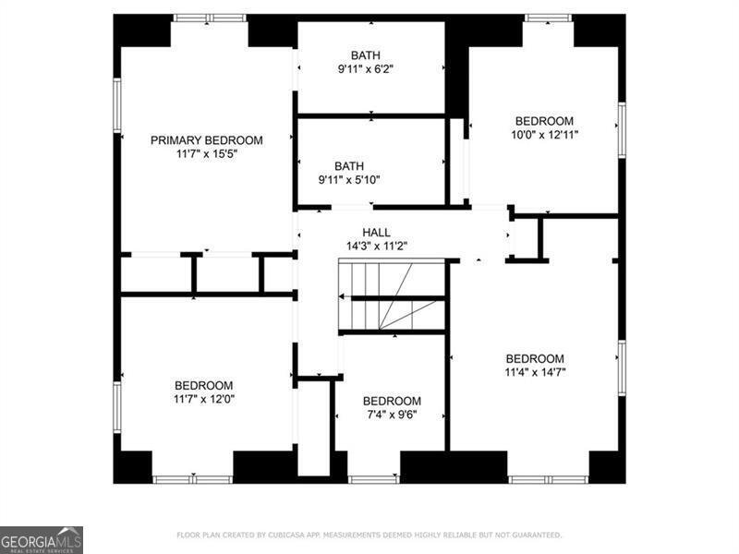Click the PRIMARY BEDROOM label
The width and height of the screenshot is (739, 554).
point(207,140)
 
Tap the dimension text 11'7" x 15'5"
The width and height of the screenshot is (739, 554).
point(207,154)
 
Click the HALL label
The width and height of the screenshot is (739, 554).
point(376,233)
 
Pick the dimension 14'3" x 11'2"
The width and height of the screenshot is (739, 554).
point(376,247)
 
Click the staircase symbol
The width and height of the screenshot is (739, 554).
point(392,295)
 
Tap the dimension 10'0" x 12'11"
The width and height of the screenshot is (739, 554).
point(544,135)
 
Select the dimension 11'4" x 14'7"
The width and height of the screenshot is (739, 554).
point(535,373)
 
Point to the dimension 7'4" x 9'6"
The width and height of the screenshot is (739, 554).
point(392,415)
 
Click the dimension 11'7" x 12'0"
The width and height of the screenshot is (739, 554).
point(204,399)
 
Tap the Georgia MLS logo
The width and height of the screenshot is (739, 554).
point(42,539)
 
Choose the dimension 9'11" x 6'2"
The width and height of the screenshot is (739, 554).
point(370,69)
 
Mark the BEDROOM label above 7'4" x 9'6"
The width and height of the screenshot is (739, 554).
point(392,401)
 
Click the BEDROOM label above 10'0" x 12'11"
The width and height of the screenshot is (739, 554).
point(544,121)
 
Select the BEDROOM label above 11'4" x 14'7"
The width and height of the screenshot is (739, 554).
point(535,359)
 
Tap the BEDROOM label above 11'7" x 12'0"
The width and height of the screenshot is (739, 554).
point(204,385)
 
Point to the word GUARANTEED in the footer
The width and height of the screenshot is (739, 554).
point(533,535)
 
